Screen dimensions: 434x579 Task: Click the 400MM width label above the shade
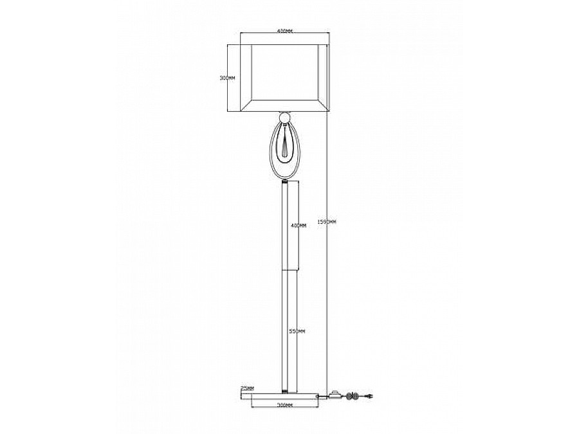(x=284, y=32)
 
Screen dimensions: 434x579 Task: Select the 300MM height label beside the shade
(x=227, y=77)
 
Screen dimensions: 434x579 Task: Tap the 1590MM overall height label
(x=327, y=221)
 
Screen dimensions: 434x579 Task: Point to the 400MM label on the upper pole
(x=298, y=226)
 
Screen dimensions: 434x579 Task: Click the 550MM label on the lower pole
(x=297, y=331)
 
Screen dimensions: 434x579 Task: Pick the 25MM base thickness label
(x=247, y=388)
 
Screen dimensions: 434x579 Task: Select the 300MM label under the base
(x=285, y=406)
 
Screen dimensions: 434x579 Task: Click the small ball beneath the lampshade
(x=284, y=117)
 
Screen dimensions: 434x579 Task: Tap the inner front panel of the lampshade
(x=284, y=72)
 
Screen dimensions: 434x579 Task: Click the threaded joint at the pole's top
(x=284, y=183)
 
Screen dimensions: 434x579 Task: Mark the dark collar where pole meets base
(x=284, y=389)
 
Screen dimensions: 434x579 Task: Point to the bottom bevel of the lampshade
(x=284, y=105)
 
